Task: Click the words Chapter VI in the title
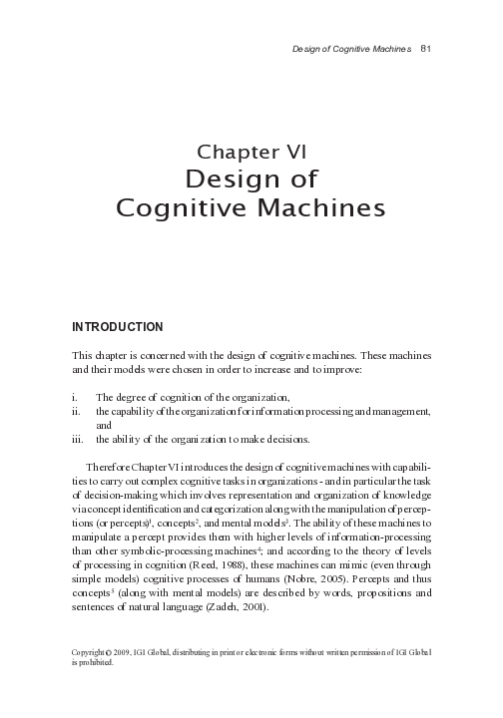point(251,152)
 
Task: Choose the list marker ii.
point(77,410)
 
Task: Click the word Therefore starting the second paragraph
point(112,467)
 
